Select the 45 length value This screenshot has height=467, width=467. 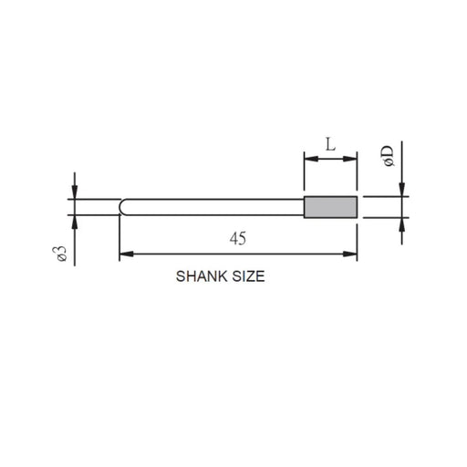point(238,238)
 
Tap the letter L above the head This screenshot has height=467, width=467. point(330,144)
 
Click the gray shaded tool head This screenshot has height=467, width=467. point(330,207)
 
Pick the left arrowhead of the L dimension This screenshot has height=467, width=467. point(309,159)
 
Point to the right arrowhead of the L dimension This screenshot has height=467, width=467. point(351,159)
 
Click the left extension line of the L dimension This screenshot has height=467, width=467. point(304,173)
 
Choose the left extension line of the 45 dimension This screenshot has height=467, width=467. point(120,237)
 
